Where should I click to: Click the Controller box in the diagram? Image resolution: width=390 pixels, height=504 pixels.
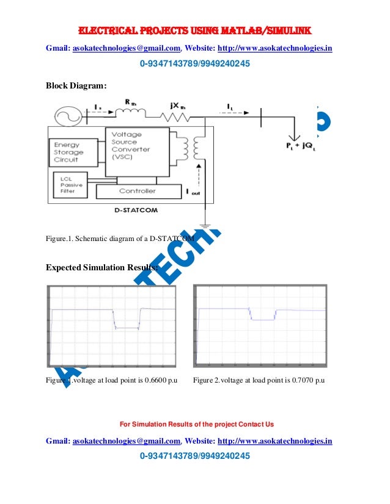(x=137, y=192)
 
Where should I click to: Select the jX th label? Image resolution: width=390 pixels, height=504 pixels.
(x=178, y=106)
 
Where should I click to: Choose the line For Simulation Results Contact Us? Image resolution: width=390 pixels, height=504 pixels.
(x=195, y=424)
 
